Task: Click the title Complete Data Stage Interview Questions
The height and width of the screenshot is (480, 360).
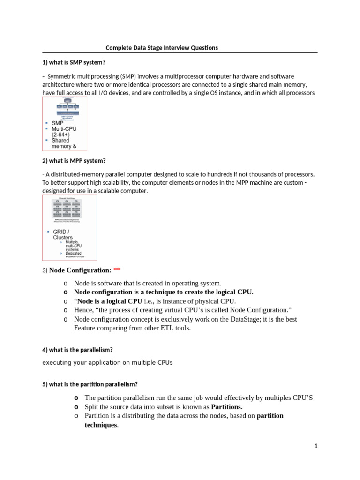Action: pos(161,48)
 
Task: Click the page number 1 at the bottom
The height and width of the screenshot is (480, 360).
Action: pos(316,446)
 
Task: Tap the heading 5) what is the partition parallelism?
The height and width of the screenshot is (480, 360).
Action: pos(90,384)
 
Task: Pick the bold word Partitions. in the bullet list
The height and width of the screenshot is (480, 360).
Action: pos(227,407)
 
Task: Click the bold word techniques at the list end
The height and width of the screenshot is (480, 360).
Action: pos(100,425)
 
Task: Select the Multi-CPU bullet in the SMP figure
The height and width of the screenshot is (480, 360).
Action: pos(64,129)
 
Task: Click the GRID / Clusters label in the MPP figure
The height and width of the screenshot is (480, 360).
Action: pos(63,234)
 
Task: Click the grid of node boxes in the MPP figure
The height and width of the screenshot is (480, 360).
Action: pos(69,208)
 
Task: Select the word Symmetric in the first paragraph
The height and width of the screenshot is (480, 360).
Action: pos(63,76)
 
